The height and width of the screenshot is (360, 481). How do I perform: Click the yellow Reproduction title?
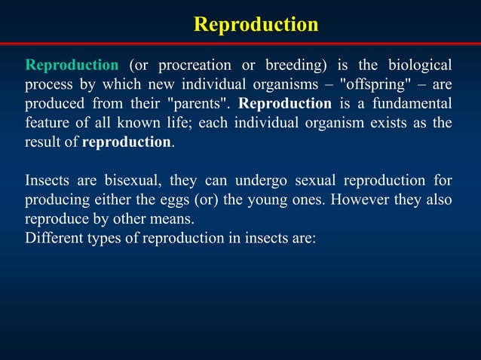click(x=256, y=24)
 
